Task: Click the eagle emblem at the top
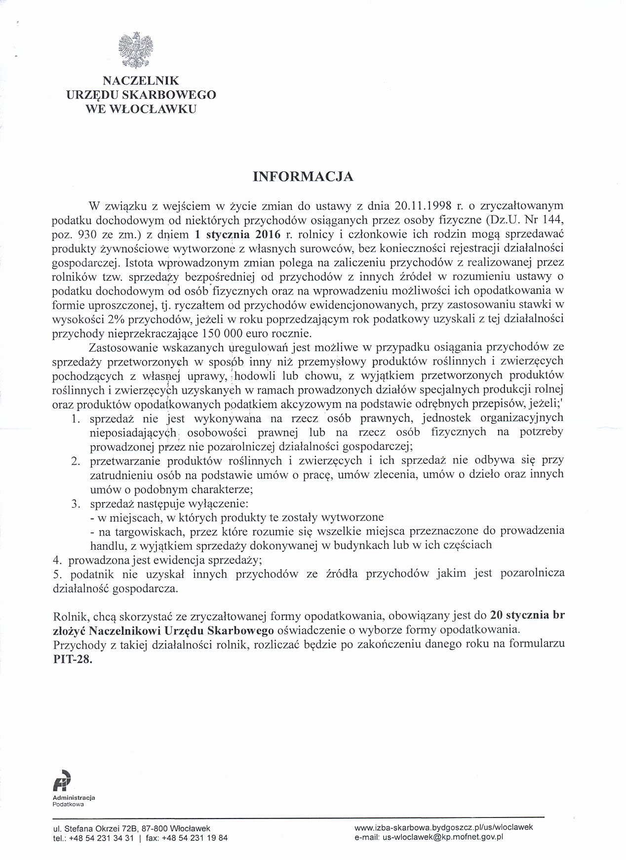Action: (134, 49)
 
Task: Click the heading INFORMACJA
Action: (303, 177)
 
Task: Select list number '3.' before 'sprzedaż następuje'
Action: (76, 504)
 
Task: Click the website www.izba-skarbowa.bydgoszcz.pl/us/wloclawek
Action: (443, 827)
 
